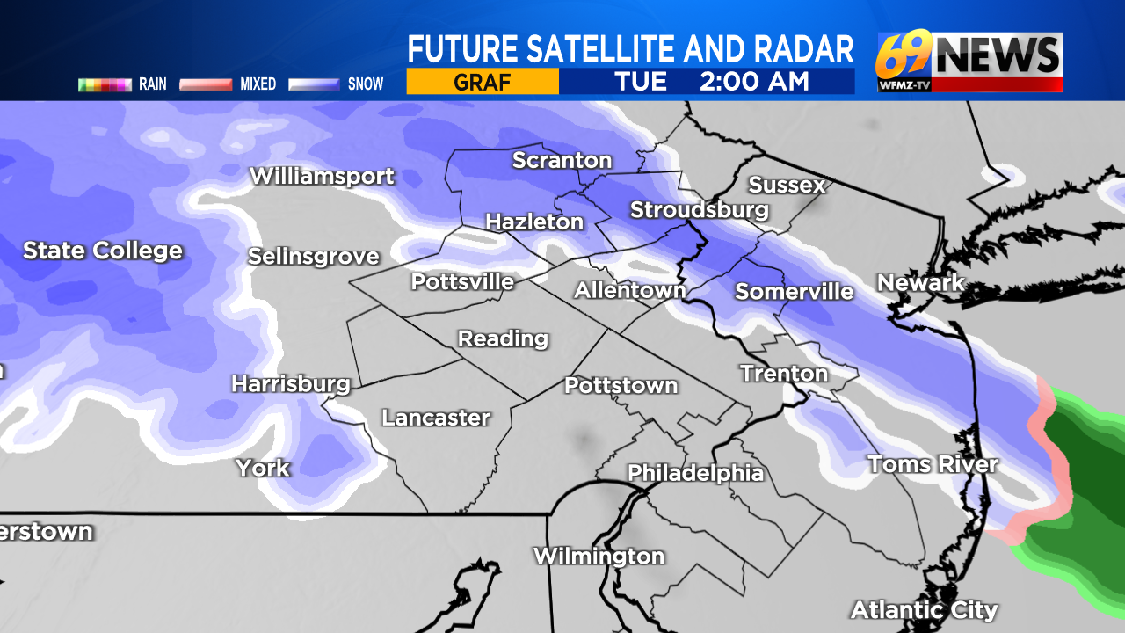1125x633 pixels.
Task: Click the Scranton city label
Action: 562,160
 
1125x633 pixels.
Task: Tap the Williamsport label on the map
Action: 322,176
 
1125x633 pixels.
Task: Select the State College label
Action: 103,251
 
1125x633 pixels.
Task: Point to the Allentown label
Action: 629,290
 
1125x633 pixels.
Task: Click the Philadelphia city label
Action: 695,473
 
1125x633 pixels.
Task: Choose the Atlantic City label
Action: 924,609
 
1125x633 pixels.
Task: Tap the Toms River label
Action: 933,464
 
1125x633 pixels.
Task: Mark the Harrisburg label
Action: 291,384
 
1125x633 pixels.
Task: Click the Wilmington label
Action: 599,557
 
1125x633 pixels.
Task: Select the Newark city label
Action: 920,283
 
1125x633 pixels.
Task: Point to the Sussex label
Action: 787,185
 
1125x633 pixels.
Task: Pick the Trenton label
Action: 784,374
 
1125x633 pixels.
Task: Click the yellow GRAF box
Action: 483,82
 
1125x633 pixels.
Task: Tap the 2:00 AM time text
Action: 753,82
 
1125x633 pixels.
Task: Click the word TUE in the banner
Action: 641,82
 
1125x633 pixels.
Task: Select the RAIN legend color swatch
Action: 105,85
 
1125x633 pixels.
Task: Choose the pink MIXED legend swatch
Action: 206,85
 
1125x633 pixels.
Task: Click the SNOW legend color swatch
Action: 315,85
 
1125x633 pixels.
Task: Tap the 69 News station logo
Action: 969,62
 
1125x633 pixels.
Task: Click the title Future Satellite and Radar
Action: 630,49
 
